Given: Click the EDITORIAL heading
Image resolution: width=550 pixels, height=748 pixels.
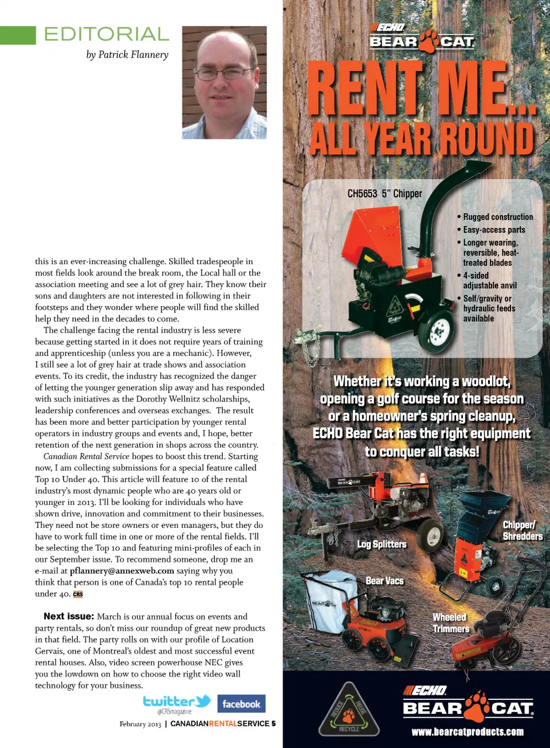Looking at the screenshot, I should point(107,34).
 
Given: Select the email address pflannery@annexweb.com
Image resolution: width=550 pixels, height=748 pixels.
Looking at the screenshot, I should point(121,571).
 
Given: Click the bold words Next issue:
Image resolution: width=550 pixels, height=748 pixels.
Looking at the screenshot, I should point(68,616).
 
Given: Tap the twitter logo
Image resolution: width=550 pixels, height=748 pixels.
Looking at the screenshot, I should point(176,702).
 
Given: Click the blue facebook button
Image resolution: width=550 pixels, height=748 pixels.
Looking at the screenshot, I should point(241,704).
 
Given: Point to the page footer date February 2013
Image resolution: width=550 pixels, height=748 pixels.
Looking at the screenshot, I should point(140,724).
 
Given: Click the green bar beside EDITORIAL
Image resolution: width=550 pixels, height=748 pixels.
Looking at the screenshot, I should point(18,35).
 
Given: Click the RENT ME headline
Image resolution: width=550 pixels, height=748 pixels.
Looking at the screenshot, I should point(421,90).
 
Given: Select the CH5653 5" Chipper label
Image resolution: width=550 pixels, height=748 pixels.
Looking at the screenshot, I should point(384,194).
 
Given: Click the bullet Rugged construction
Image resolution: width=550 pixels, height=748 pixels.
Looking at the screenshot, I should point(498,217).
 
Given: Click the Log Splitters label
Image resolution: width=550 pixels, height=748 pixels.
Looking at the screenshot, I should point(382,544).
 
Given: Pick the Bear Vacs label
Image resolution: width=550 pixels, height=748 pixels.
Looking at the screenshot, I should point(384,581).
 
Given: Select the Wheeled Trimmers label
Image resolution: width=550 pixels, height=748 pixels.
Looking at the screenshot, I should point(450,623).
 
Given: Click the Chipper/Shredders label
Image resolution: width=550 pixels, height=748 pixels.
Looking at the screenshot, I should point(522,531).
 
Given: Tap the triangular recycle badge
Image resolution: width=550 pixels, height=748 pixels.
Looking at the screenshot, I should point(348,711).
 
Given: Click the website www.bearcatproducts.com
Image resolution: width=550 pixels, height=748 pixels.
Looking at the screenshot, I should point(467,732).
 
